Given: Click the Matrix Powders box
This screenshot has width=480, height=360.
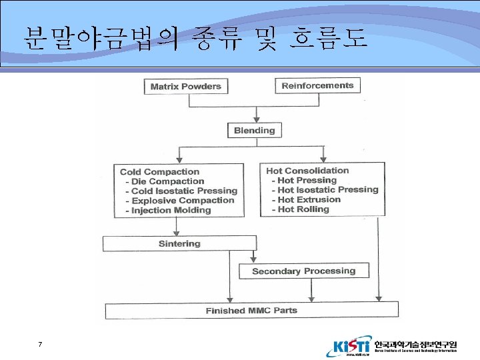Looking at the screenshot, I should tap(185, 87).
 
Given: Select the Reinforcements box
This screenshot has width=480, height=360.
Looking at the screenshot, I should tap(317, 85).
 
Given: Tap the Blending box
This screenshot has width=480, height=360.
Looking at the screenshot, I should tap(254, 131).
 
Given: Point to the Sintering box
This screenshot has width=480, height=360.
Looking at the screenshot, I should tap(179, 243).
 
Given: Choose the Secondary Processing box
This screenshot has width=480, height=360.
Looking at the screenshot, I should tap(303, 271).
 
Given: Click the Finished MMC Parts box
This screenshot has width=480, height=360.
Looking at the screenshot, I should tap(251, 310).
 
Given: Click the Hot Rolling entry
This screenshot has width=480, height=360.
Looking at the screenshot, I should tap(303, 209).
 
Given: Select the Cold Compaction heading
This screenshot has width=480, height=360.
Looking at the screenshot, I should tap(159, 171).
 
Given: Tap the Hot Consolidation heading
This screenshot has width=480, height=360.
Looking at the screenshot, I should tap(307, 170).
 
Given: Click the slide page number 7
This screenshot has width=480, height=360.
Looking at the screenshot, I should tap(41, 345).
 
